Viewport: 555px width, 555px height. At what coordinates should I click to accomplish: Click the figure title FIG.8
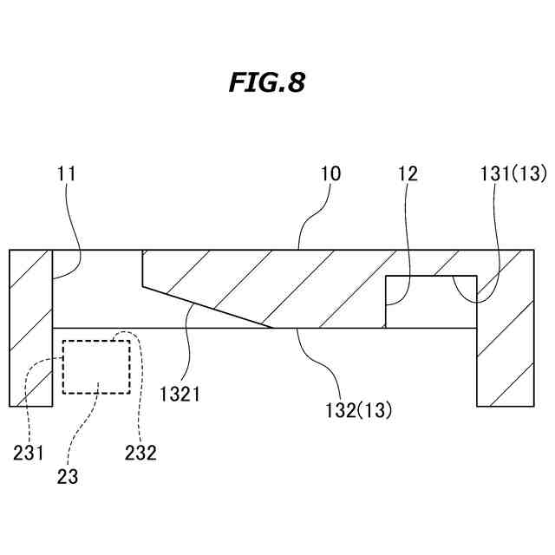(x=266, y=83)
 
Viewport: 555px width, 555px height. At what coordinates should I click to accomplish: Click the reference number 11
(x=67, y=173)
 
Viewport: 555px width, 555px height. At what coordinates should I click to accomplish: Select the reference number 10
(x=330, y=173)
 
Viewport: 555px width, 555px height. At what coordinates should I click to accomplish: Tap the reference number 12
(x=408, y=173)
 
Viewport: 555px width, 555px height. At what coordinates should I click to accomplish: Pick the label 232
(x=140, y=452)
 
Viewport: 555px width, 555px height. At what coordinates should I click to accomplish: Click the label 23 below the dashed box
(x=69, y=476)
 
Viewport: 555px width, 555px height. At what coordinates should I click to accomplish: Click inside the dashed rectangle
(x=96, y=366)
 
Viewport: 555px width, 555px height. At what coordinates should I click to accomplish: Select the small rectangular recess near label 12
(x=431, y=301)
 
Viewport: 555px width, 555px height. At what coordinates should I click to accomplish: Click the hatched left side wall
(x=31, y=328)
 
